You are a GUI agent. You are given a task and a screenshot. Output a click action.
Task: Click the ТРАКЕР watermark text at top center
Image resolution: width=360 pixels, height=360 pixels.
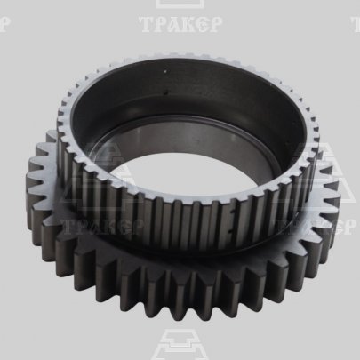point(180,24)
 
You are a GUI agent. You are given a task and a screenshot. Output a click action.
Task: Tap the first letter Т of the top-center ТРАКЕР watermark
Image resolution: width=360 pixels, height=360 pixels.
point(146,24)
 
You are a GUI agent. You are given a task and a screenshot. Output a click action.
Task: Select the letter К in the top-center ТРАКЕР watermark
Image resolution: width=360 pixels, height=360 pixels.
point(188,24)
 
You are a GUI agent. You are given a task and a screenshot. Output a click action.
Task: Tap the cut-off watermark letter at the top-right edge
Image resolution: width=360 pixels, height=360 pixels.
point(356,24)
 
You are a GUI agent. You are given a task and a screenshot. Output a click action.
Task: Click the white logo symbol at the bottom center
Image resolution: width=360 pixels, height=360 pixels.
point(180,344)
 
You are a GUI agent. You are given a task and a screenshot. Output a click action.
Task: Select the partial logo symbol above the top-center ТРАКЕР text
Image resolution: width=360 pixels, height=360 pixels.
point(180,4)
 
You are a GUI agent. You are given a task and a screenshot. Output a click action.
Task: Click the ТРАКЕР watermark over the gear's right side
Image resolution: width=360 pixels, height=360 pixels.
point(316,227)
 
